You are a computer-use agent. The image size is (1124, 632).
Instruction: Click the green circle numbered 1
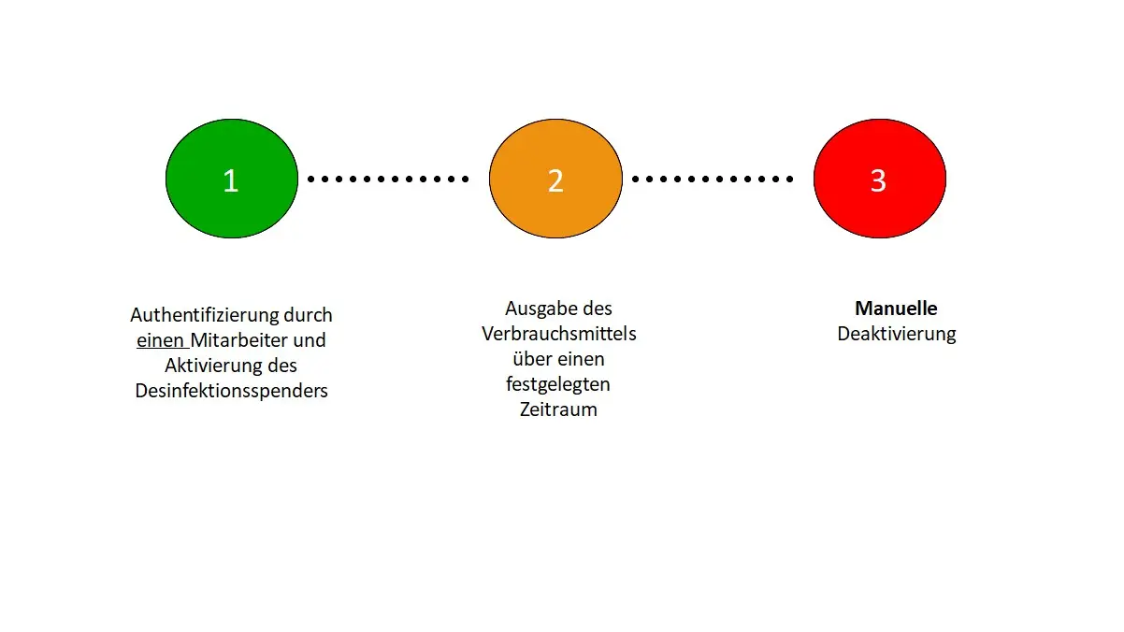coord(232,179)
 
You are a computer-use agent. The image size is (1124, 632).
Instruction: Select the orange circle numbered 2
coord(556,179)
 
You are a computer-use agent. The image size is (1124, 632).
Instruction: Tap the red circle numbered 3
coord(880,179)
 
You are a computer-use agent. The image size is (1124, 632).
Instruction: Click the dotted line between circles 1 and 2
coord(388,180)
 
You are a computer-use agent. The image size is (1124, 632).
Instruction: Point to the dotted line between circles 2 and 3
coord(713,180)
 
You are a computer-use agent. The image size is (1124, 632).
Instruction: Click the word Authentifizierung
coord(204,315)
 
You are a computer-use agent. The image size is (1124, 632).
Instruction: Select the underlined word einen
coord(160,340)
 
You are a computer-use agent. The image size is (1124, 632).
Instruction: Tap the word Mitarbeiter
coord(238,340)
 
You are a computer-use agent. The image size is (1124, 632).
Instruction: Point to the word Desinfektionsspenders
coord(231,391)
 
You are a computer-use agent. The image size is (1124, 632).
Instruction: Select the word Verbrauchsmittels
coord(559,334)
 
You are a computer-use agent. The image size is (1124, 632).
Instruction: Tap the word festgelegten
coord(558,385)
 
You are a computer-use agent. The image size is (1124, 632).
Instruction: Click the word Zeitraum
coord(558,409)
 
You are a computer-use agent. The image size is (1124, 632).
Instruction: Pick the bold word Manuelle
coord(896,309)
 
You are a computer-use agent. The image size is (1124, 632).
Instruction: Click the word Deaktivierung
coord(897,334)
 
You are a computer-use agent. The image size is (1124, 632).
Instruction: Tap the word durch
coord(308,315)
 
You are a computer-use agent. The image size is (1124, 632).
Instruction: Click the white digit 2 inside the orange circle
coord(555,180)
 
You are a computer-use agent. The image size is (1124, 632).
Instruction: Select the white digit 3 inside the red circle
coord(878,180)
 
